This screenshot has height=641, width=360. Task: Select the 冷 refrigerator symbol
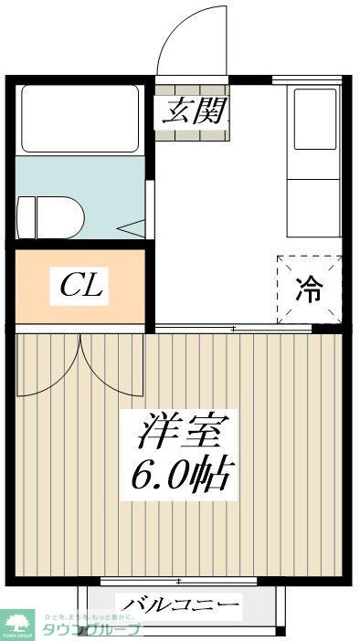coord(310,289)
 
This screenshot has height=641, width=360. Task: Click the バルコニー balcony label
coord(180,605)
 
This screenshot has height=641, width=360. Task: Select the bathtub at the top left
coord(80,119)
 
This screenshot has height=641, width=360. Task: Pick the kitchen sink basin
coord(315,119)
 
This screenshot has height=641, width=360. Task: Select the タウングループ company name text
coord(100,630)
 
